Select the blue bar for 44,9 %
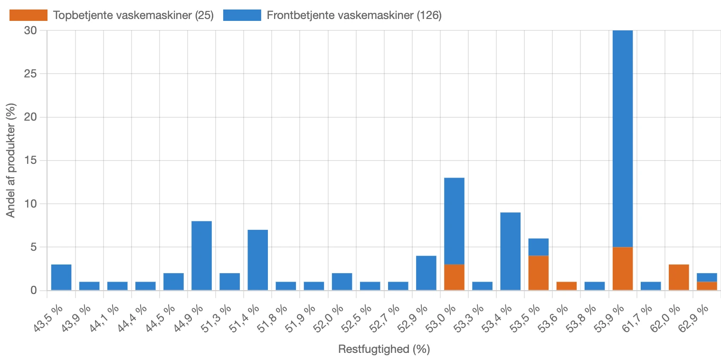pyautogui.click(x=201, y=256)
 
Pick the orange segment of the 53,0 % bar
pyautogui.click(x=454, y=277)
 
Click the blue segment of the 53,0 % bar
pyautogui.click(x=454, y=221)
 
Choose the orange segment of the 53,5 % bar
pyautogui.click(x=538, y=273)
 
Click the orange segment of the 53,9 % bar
pyautogui.click(x=623, y=269)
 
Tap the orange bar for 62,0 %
pyautogui.click(x=679, y=277)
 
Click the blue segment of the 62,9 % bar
pyautogui.click(x=707, y=277)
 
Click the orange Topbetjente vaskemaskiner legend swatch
pyautogui.click(x=28, y=15)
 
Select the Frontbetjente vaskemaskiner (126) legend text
pyautogui.click(x=354, y=15)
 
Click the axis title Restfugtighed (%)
pyautogui.click(x=384, y=350)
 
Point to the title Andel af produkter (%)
pyautogui.click(x=11, y=160)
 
